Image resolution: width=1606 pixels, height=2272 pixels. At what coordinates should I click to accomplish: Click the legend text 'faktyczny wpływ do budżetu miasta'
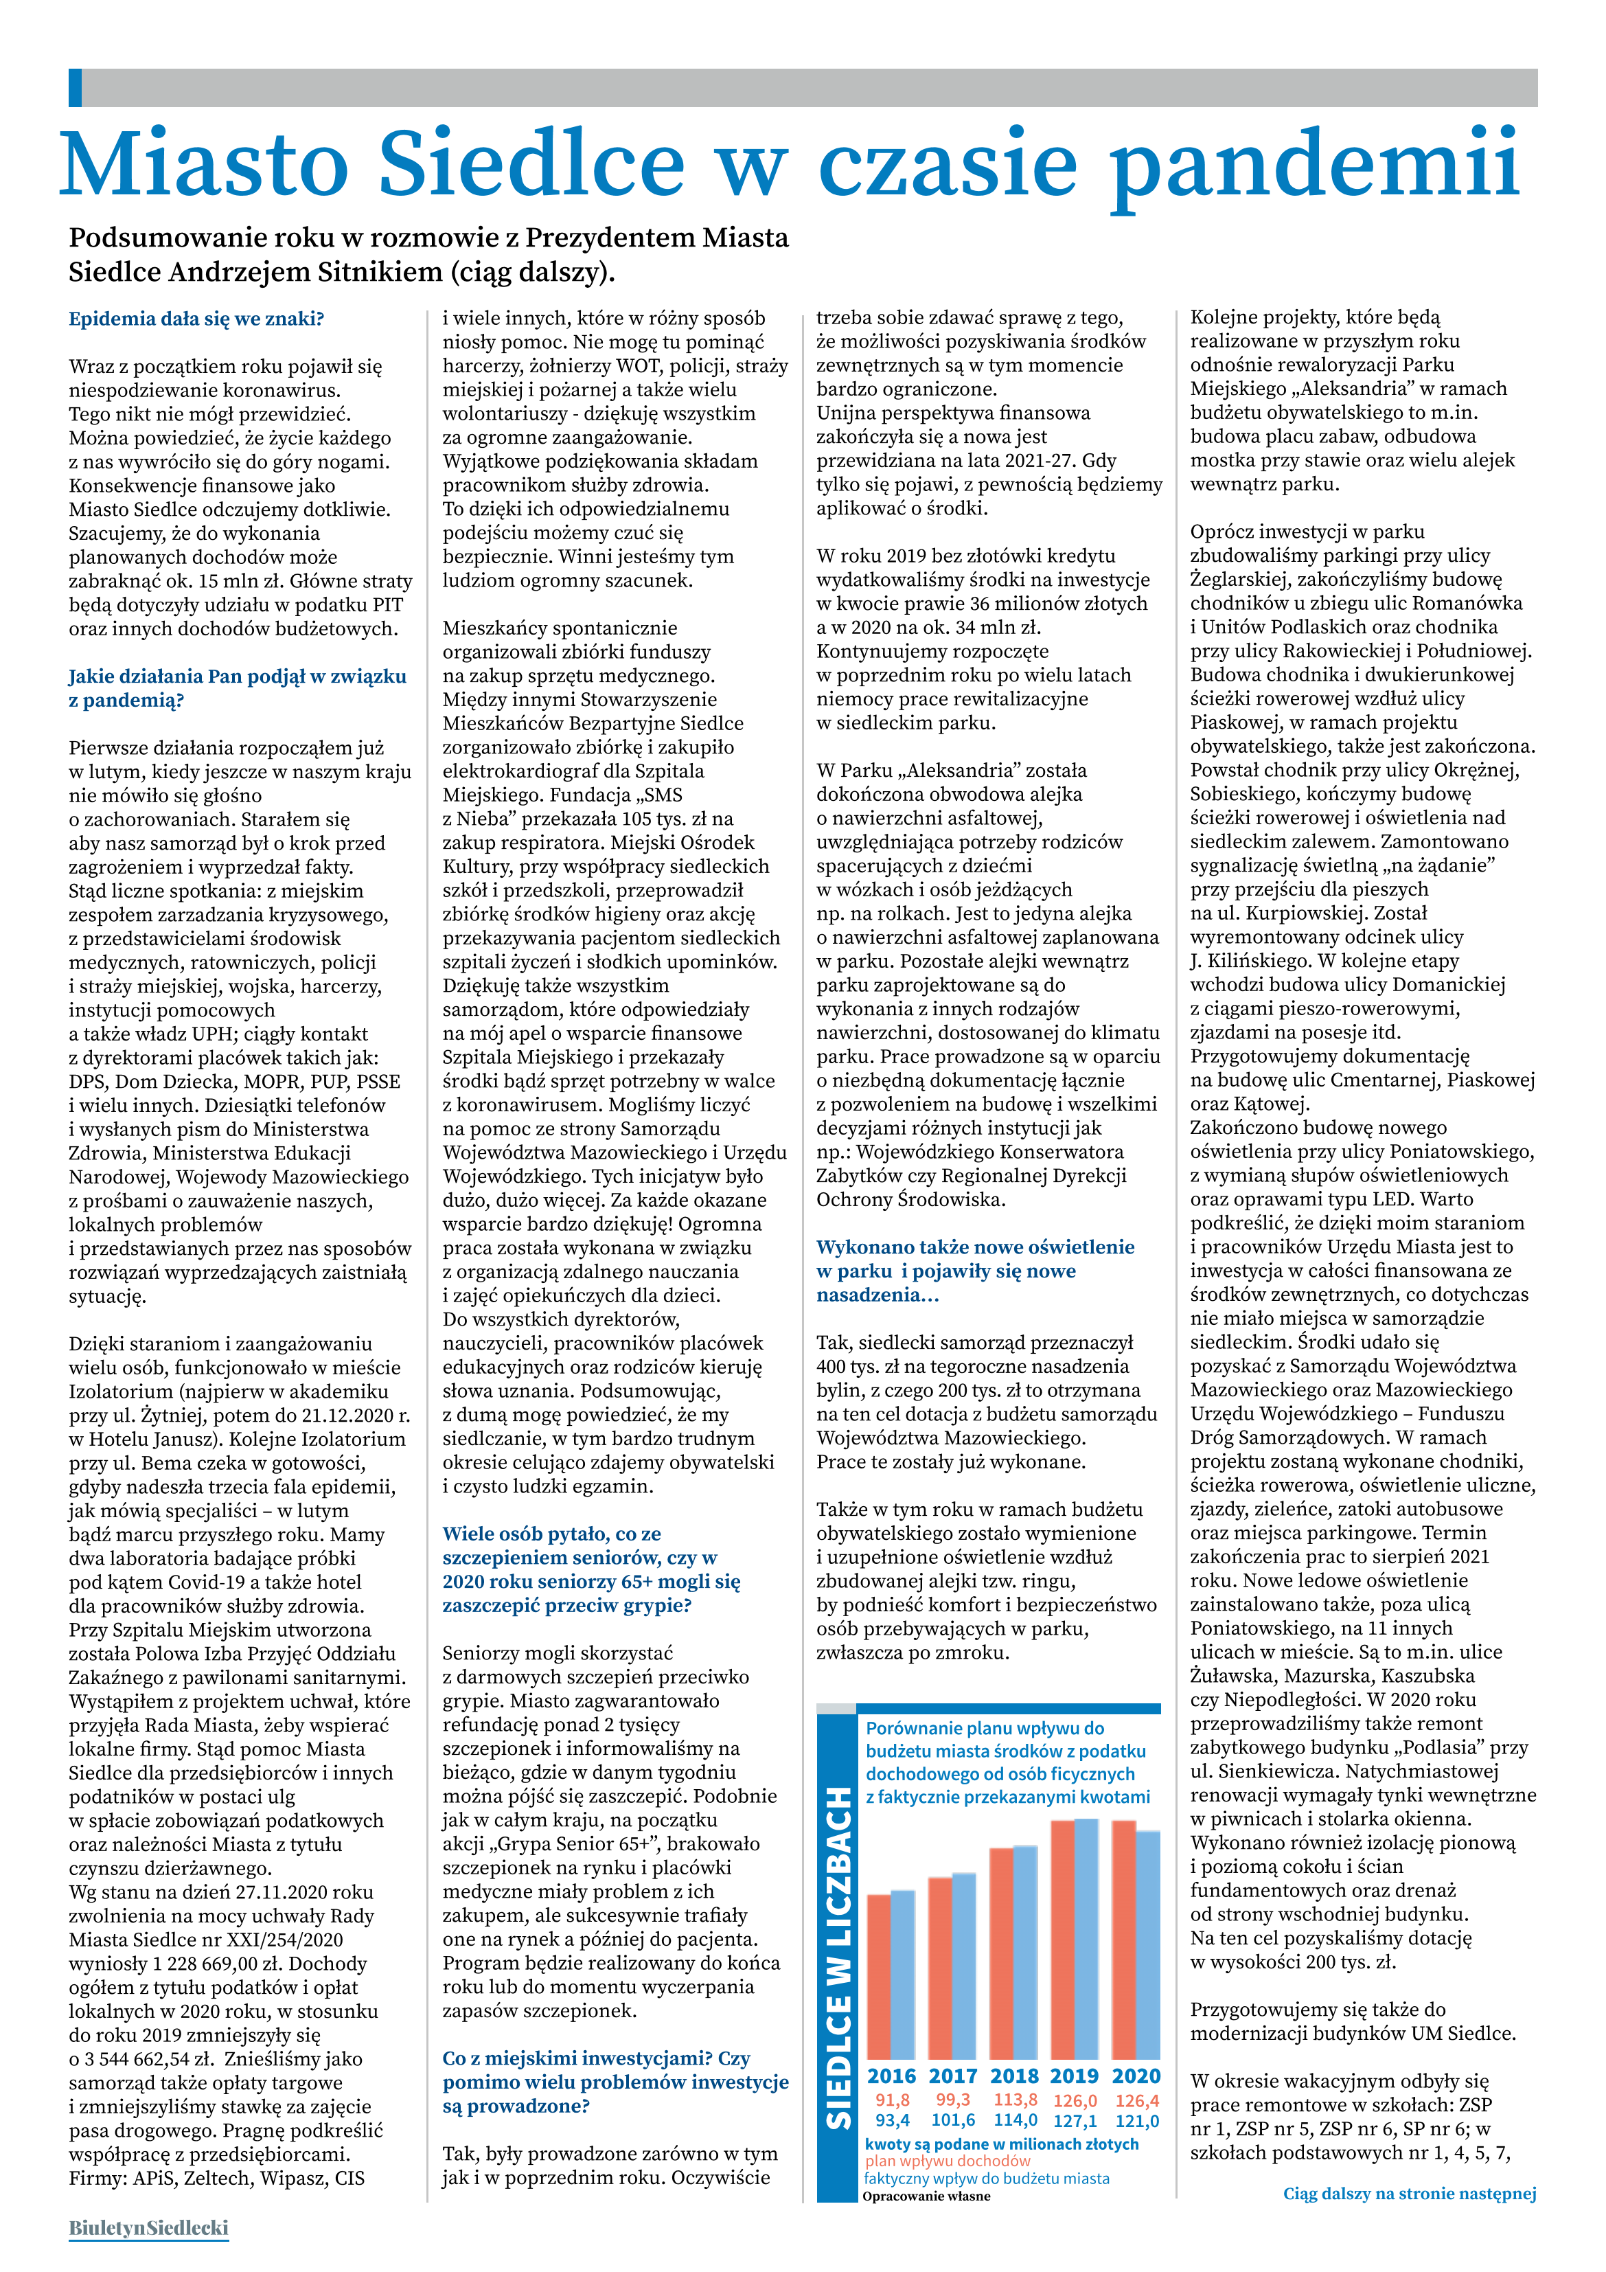[987, 2178]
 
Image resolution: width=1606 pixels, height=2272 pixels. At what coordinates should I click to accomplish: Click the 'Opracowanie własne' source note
[926, 2196]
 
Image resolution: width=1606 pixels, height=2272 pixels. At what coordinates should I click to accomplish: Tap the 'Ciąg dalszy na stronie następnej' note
[1409, 2194]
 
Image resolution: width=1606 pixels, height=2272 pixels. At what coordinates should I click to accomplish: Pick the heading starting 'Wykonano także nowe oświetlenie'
[975, 1271]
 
